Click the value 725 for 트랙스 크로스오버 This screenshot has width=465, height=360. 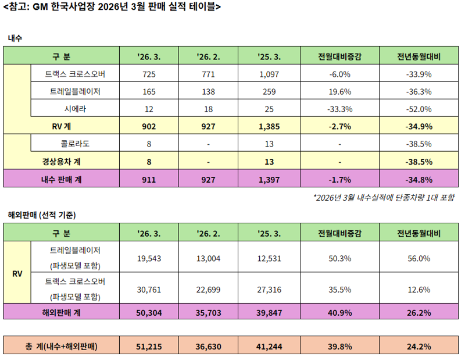coord(149,74)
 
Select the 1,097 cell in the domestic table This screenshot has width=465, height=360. coord(269,74)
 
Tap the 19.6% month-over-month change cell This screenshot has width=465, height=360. coord(339,92)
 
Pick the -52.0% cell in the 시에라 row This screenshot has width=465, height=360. coord(419,109)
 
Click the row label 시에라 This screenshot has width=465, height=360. coord(74,109)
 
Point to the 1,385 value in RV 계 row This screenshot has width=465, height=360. coord(269,126)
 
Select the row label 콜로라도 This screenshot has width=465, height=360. coord(74,144)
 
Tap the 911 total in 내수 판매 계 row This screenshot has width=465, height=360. coord(149,179)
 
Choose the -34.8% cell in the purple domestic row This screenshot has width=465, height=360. coord(419,179)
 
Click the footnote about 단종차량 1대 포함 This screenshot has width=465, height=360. coord(384,198)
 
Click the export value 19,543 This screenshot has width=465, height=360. coord(149,258)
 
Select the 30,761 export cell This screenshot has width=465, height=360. coord(149,290)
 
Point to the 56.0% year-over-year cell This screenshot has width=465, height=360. coord(419,258)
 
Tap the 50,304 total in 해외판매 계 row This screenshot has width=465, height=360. coord(149,313)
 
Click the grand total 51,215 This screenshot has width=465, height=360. coord(149,347)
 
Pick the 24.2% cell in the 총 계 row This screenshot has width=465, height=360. coord(419,347)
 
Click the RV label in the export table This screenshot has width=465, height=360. coord(17,273)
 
